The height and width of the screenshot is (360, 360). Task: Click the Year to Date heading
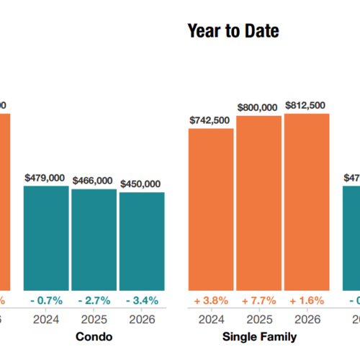(233, 31)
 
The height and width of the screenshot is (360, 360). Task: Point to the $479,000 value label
(46, 177)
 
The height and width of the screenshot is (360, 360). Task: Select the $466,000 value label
(94, 181)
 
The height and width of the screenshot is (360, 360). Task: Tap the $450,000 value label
(141, 184)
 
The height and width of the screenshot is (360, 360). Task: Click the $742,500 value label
(211, 120)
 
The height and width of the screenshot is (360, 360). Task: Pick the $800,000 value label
(258, 107)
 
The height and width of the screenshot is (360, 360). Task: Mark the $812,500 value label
(306, 105)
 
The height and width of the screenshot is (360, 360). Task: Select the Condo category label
(94, 336)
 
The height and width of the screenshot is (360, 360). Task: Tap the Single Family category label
(258, 336)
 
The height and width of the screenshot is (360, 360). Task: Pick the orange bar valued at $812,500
(306, 202)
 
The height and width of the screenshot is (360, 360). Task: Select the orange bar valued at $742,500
(211, 209)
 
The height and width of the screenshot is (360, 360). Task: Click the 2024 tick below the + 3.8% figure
(211, 319)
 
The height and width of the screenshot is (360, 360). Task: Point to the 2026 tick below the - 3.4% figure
(141, 319)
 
